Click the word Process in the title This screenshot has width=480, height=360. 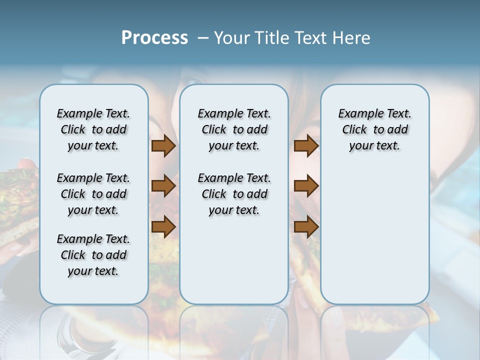[154, 38]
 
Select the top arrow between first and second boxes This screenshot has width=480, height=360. [163, 146]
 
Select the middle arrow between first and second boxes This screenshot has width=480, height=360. [163, 186]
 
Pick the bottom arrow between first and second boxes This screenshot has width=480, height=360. [163, 227]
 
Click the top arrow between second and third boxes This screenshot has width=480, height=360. [306, 146]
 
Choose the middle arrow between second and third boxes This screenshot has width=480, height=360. [306, 186]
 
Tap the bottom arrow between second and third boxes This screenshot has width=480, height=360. [306, 227]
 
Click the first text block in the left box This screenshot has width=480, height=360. [93, 129]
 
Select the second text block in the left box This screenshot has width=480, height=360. [93, 194]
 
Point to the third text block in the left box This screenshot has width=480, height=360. [93, 255]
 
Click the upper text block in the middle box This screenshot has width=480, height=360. [234, 129]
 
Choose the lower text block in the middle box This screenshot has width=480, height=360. [234, 194]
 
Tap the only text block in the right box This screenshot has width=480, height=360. [374, 129]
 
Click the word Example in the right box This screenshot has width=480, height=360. [356, 114]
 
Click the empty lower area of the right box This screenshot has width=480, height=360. [374, 235]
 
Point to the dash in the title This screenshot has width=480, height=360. [203, 38]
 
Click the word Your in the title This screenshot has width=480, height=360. [232, 38]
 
